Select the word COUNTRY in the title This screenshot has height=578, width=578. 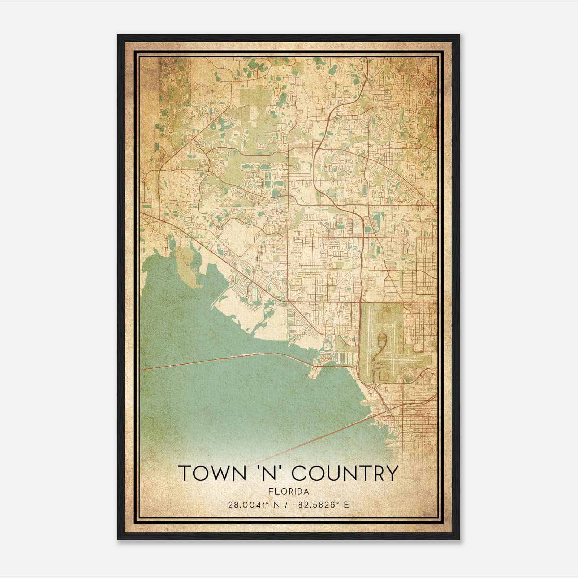point(345,473)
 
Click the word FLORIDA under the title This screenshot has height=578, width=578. point(289,492)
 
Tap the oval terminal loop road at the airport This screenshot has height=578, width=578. point(382,340)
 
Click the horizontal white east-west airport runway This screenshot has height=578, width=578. point(405,360)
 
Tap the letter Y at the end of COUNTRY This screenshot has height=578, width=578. point(392,473)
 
